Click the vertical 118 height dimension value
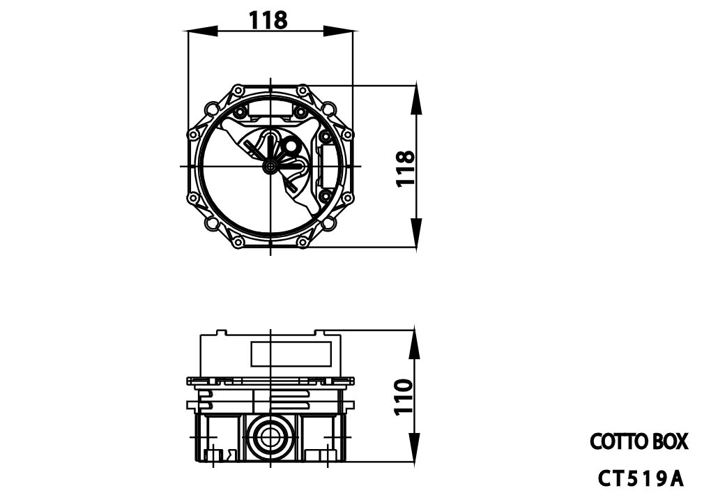point(405,167)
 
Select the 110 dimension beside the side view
point(405,396)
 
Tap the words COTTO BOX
point(638,441)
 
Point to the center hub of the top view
point(270,166)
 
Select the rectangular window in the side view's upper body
point(290,354)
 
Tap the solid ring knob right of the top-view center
point(290,146)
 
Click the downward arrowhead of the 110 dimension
point(415,449)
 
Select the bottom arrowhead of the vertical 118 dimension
point(416,233)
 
